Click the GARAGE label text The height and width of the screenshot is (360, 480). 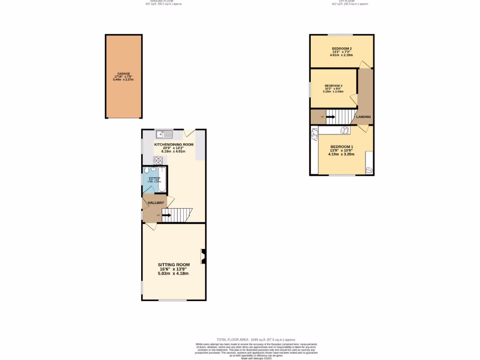coord(123,74)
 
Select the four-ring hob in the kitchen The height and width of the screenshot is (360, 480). coord(158,160)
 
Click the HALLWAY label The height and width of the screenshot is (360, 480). coord(156,203)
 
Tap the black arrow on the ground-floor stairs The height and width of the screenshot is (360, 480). coord(166,215)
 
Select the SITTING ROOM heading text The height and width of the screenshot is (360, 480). coord(173,265)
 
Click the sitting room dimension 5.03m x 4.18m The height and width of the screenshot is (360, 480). coord(173,273)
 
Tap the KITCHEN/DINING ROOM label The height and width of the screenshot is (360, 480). coord(173,144)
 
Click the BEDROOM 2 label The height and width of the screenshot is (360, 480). coord(342,49)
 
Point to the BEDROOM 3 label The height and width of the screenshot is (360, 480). coord(333,86)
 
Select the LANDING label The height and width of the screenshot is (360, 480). coord(364,117)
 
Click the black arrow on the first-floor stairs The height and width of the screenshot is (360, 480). coord(330,117)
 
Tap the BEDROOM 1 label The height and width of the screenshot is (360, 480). coord(342,146)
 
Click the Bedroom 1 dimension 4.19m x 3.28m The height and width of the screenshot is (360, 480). coord(342,154)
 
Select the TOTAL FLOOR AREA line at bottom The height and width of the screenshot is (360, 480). coord(256,339)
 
